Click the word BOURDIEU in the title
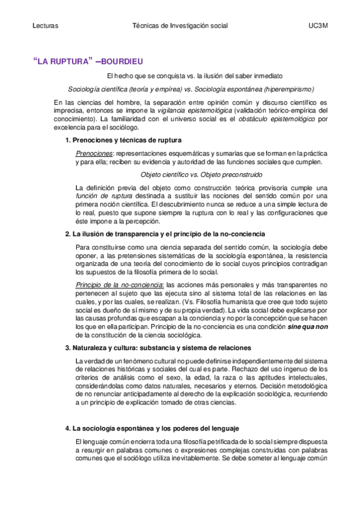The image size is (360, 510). pyautogui.click(x=122, y=61)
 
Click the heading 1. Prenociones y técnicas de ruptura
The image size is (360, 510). pyautogui.click(x=123, y=140)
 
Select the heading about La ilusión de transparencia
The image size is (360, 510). pyautogui.click(x=164, y=233)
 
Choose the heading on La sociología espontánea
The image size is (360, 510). pyautogui.click(x=156, y=428)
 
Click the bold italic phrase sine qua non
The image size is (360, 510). pyautogui.click(x=305, y=326)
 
